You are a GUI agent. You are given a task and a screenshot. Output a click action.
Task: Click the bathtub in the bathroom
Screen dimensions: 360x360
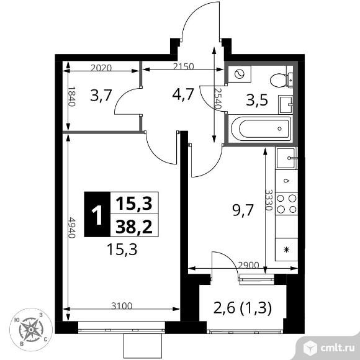(260, 130)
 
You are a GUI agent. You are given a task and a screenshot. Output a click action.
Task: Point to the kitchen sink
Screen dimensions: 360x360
(287, 160)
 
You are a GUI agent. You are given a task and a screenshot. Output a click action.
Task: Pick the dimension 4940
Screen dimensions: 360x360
(72, 227)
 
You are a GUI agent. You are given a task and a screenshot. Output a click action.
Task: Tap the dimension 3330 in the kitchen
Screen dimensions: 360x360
(268, 200)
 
